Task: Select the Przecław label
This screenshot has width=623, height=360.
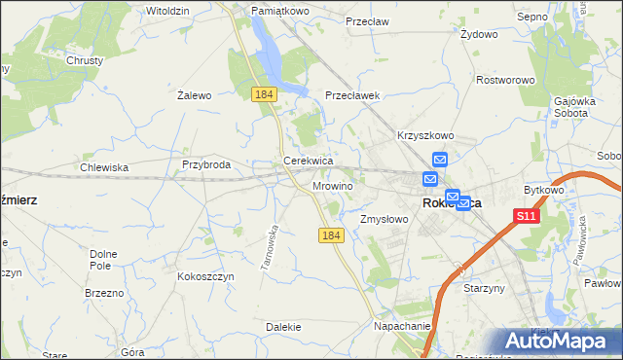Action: tap(367, 19)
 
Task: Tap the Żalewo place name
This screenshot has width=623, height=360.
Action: tap(195, 95)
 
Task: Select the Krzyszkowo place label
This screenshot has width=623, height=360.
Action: tap(425, 136)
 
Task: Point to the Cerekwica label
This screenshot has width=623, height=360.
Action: tap(309, 161)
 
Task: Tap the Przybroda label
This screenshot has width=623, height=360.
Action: tap(205, 164)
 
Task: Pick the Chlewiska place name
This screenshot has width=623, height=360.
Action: tap(104, 167)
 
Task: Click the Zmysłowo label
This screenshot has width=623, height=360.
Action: tap(385, 220)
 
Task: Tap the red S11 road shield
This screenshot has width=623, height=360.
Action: tap(526, 216)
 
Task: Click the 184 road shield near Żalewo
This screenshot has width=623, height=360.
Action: tap(263, 93)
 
